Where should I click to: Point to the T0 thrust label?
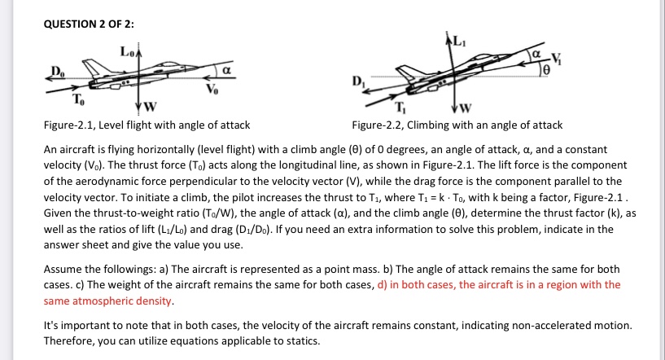pyautogui.click(x=77, y=100)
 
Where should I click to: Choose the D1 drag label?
pyautogui.click(x=357, y=82)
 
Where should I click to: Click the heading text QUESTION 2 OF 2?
pyautogui.click(x=89, y=24)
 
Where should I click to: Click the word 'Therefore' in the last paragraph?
pyautogui.click(x=70, y=340)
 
